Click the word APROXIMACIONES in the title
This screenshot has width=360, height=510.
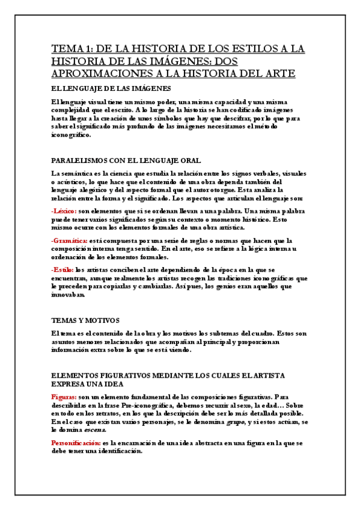(x=96, y=73)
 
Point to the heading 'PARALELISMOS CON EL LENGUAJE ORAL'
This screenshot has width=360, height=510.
(x=126, y=161)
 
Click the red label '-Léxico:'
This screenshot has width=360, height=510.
(x=64, y=211)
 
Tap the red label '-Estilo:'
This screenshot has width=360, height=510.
(x=63, y=270)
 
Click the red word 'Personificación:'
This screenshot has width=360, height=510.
(x=76, y=443)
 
